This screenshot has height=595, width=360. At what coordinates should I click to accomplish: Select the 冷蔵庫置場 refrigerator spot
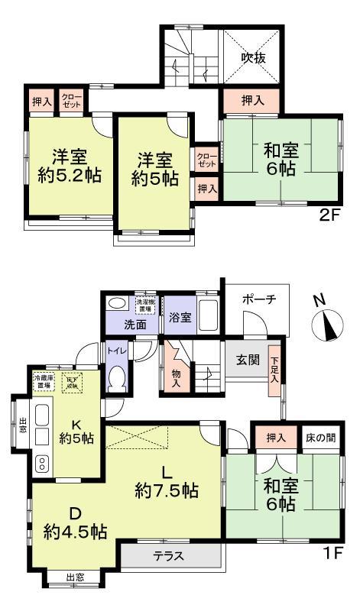[44, 379]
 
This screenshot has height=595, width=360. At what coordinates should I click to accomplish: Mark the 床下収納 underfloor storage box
[72, 379]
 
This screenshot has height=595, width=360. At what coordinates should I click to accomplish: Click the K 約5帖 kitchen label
[76, 431]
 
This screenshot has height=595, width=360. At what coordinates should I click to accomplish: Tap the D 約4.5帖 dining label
[74, 521]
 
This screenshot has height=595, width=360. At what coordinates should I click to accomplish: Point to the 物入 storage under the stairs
[175, 378]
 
